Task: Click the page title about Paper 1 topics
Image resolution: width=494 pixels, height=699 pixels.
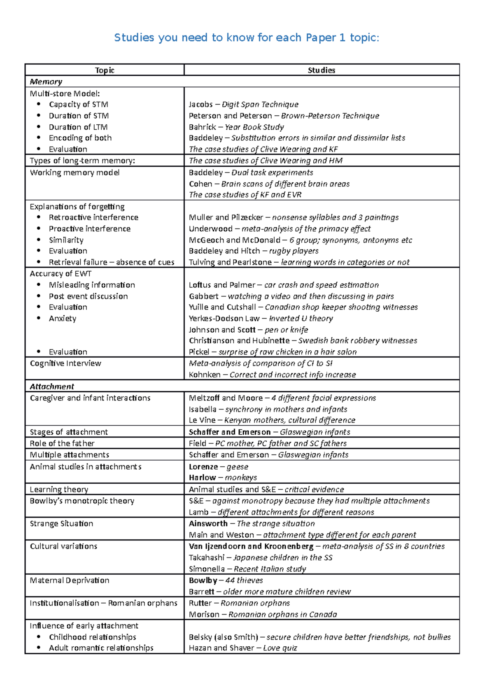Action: [247, 37]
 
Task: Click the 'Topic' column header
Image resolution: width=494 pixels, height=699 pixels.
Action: [105, 70]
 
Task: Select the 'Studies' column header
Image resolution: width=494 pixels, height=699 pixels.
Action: [321, 70]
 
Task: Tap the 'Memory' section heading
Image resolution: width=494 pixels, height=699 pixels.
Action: [46, 82]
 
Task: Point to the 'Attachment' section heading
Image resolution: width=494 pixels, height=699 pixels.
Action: [51, 386]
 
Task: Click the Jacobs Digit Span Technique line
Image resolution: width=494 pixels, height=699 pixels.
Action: [243, 104]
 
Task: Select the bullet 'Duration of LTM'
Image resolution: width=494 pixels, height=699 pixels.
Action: [78, 127]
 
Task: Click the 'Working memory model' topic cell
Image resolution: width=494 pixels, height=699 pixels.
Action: [75, 172]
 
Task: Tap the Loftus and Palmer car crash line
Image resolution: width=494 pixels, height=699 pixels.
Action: [284, 284]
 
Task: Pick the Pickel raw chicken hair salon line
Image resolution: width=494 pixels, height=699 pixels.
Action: [273, 352]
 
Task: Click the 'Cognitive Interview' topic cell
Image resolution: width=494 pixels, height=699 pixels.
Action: [65, 363]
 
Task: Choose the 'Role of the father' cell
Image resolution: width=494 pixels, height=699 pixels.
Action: [62, 443]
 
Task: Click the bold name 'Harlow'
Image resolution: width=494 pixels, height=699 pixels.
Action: [202, 478]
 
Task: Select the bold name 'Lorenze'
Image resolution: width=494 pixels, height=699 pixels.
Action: [203, 466]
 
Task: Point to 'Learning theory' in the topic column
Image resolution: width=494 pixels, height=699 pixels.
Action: [59, 489]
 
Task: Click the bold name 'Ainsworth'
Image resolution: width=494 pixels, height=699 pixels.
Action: [208, 523]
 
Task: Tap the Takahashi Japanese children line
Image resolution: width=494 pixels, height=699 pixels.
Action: [260, 557]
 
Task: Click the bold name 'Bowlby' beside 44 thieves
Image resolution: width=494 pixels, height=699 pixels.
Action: [203, 580]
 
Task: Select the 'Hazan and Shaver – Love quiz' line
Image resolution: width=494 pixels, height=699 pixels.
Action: [242, 648]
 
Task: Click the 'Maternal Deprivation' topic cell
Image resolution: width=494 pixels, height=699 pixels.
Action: [69, 580]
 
